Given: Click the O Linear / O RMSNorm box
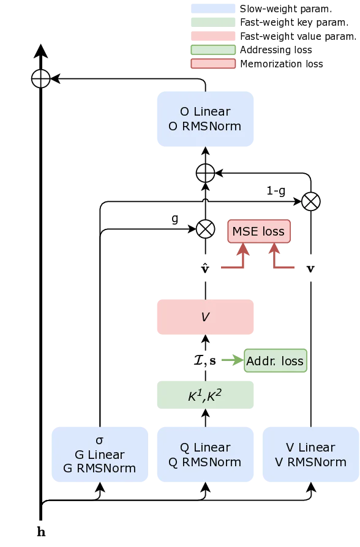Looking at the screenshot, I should tap(205, 119).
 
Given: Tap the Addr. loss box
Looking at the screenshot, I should tap(275, 361).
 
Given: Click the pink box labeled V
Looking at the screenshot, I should tap(205, 318).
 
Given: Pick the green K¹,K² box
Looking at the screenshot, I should tap(205, 395).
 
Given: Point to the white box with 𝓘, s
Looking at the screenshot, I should tap(205, 360).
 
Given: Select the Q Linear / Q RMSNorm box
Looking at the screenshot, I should tap(205, 455).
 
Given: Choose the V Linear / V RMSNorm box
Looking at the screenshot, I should tap(310, 455).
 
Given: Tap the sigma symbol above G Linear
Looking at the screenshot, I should tap(100, 441).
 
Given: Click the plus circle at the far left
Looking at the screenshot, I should tap(40, 78).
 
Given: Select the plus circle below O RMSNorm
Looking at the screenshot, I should tap(205, 173).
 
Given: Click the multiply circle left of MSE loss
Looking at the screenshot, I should tap(205, 229).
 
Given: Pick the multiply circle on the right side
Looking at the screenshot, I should tap(310, 201).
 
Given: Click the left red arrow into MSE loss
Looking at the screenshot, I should tap(242, 251).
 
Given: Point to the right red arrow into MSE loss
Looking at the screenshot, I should tap(274, 251).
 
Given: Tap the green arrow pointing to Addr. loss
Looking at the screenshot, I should tap(234, 361).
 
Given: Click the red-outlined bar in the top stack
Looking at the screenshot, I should tap(213, 64).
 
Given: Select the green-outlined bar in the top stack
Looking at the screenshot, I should tap(213, 50).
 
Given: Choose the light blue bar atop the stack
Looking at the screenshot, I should tap(214, 9).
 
